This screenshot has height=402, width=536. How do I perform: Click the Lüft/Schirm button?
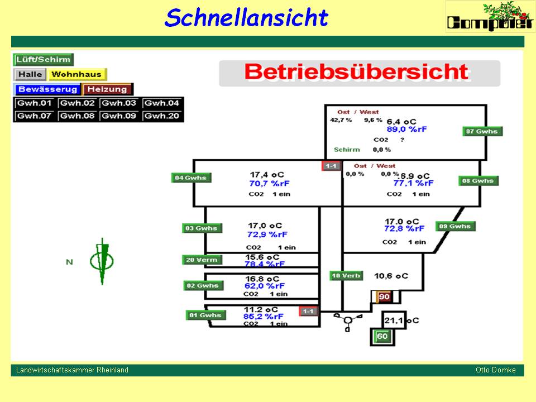(44, 60)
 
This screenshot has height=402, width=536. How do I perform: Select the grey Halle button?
(30, 74)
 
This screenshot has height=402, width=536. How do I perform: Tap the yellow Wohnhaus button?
(77, 74)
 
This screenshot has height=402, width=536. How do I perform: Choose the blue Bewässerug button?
(47, 89)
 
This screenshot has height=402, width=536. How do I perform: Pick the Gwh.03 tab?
(119, 103)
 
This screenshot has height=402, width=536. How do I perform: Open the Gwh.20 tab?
(162, 116)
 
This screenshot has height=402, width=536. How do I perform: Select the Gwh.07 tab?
(35, 116)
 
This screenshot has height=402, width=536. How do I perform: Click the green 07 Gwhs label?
(482, 132)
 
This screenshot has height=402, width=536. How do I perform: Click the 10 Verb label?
(346, 276)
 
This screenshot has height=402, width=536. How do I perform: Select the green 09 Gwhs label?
(456, 226)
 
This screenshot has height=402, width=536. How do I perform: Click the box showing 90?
(384, 296)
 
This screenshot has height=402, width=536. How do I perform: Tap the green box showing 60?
(382, 336)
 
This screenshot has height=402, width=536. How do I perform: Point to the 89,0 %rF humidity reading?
(406, 128)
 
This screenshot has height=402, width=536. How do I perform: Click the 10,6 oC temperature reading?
(391, 276)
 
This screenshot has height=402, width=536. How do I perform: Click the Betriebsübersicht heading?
(356, 72)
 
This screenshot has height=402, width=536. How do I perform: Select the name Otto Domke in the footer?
(495, 370)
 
